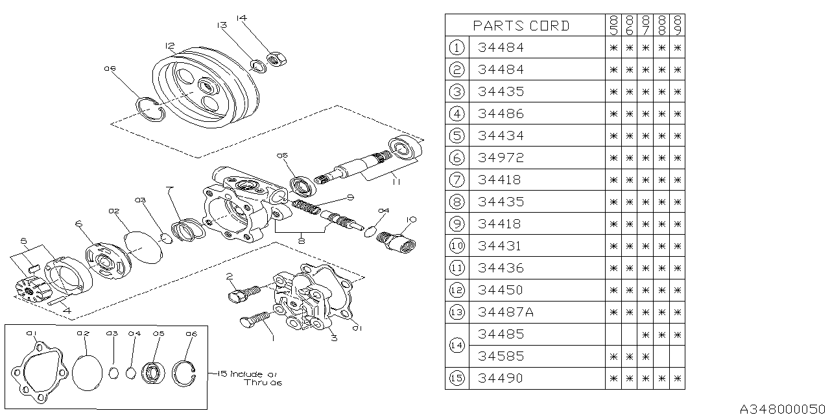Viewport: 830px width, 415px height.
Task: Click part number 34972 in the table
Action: (500, 158)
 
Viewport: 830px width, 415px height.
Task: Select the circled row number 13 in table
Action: (457, 312)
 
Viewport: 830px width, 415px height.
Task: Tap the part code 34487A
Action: (505, 312)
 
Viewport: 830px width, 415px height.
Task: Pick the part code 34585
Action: (500, 356)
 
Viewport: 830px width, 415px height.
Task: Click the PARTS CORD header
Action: (521, 25)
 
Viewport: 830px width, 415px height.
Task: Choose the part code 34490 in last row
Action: (500, 378)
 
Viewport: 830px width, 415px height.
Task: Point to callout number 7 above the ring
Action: (169, 189)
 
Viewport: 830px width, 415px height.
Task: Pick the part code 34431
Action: (500, 246)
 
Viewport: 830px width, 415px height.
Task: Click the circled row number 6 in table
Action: (457, 158)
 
